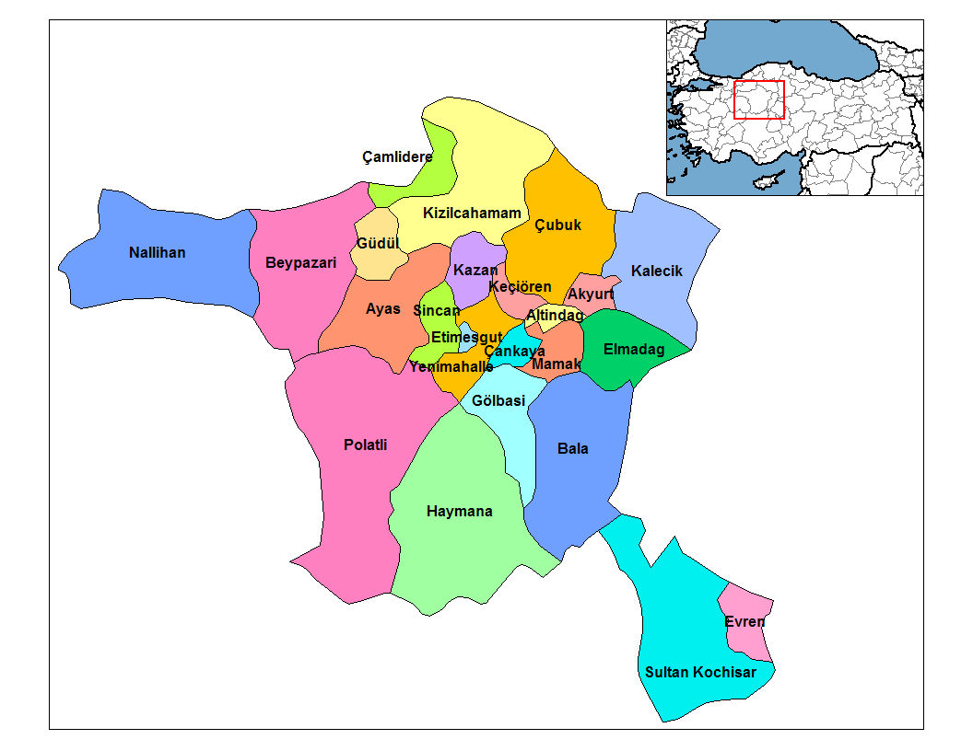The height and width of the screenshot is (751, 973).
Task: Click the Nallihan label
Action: tap(157, 252)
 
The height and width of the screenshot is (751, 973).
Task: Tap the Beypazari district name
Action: tap(300, 263)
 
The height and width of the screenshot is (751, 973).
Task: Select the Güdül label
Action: tap(376, 244)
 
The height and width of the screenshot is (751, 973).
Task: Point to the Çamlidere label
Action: tap(397, 157)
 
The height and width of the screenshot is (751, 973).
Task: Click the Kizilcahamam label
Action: tap(472, 214)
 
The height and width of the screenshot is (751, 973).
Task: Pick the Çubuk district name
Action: tap(558, 225)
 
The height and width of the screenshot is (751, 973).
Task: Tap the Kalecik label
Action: tap(657, 271)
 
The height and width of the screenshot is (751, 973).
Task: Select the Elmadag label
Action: tap(633, 349)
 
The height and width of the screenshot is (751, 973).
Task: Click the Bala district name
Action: tap(572, 449)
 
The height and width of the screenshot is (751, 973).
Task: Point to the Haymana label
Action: tap(459, 512)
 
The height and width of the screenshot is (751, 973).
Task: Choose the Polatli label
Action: tap(365, 445)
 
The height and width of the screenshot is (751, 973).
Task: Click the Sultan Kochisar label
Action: tap(700, 672)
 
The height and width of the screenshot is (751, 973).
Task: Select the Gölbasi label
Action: tap(498, 400)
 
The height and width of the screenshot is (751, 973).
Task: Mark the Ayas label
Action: tap(383, 308)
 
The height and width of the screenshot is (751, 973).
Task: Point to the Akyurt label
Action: tap(591, 295)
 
